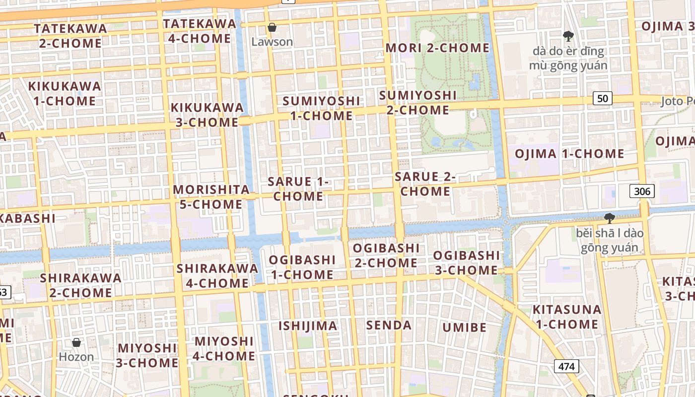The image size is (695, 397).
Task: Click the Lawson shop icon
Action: click(x=272, y=27)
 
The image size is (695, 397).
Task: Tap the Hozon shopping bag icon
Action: click(x=76, y=342)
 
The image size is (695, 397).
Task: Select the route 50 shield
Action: click(x=602, y=98)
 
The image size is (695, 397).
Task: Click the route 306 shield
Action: click(x=642, y=191)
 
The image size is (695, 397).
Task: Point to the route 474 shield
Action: click(x=566, y=367)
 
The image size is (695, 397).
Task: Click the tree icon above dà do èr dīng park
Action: click(x=568, y=36)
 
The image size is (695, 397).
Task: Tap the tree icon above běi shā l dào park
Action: click(x=609, y=218)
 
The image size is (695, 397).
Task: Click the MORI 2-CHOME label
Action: click(x=437, y=48)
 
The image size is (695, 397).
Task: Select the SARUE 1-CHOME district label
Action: click(x=298, y=189)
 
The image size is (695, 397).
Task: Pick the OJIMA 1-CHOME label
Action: click(x=569, y=154)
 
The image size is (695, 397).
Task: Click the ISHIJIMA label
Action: click(x=308, y=326)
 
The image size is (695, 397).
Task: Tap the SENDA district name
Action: click(x=389, y=326)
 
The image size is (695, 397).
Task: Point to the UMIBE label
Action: click(x=464, y=328)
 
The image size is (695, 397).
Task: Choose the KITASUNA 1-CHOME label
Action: click(x=566, y=317)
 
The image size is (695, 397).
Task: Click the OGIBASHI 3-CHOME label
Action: click(x=466, y=263)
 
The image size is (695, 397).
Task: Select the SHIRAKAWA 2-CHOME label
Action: click(x=81, y=285)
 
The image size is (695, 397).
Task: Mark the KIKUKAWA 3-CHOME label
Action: click(x=207, y=115)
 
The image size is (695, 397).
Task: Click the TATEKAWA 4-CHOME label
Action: click(x=200, y=31)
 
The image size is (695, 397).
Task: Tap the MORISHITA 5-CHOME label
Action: click(x=211, y=197)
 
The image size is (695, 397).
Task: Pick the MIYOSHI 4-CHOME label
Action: click(x=224, y=349)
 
